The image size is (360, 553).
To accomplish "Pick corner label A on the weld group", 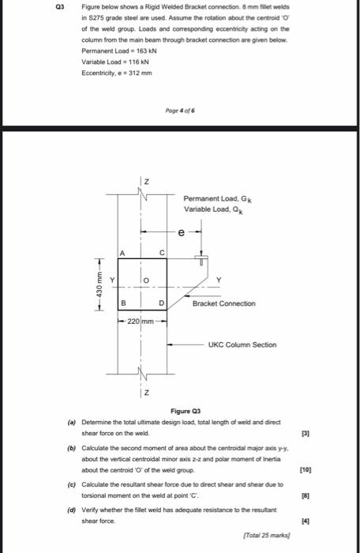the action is [123, 253].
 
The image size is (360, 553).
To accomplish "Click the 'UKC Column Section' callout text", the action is [242, 344].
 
